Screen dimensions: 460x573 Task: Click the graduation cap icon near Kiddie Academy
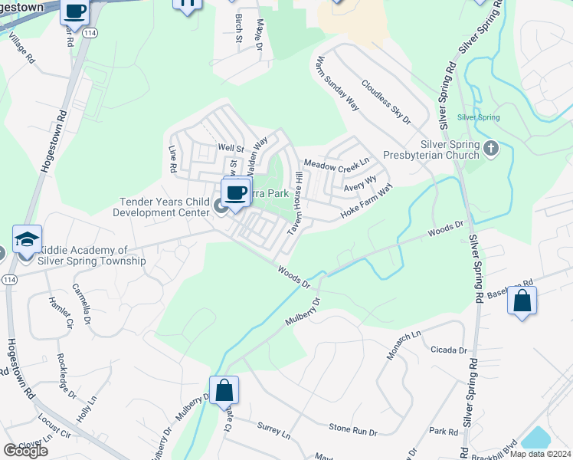click(x=27, y=240)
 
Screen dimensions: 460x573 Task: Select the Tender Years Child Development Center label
click(x=164, y=207)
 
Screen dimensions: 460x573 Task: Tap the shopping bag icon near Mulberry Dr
click(x=224, y=390)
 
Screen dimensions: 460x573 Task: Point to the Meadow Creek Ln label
click(x=336, y=163)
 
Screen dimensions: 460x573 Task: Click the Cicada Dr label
click(x=448, y=350)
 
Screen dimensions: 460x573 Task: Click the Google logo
click(x=25, y=451)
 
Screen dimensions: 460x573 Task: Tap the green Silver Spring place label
click(x=478, y=117)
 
